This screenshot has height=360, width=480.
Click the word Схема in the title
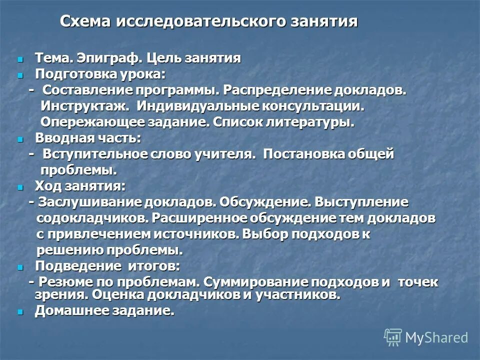coord(86,22)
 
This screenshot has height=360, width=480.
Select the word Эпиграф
coord(110,58)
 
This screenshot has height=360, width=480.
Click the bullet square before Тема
coord(20,59)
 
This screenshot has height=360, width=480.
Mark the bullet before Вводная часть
coord(20,139)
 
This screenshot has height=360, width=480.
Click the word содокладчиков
coord(92,218)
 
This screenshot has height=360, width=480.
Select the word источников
coord(210,234)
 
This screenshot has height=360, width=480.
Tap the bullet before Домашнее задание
coord(20,311)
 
